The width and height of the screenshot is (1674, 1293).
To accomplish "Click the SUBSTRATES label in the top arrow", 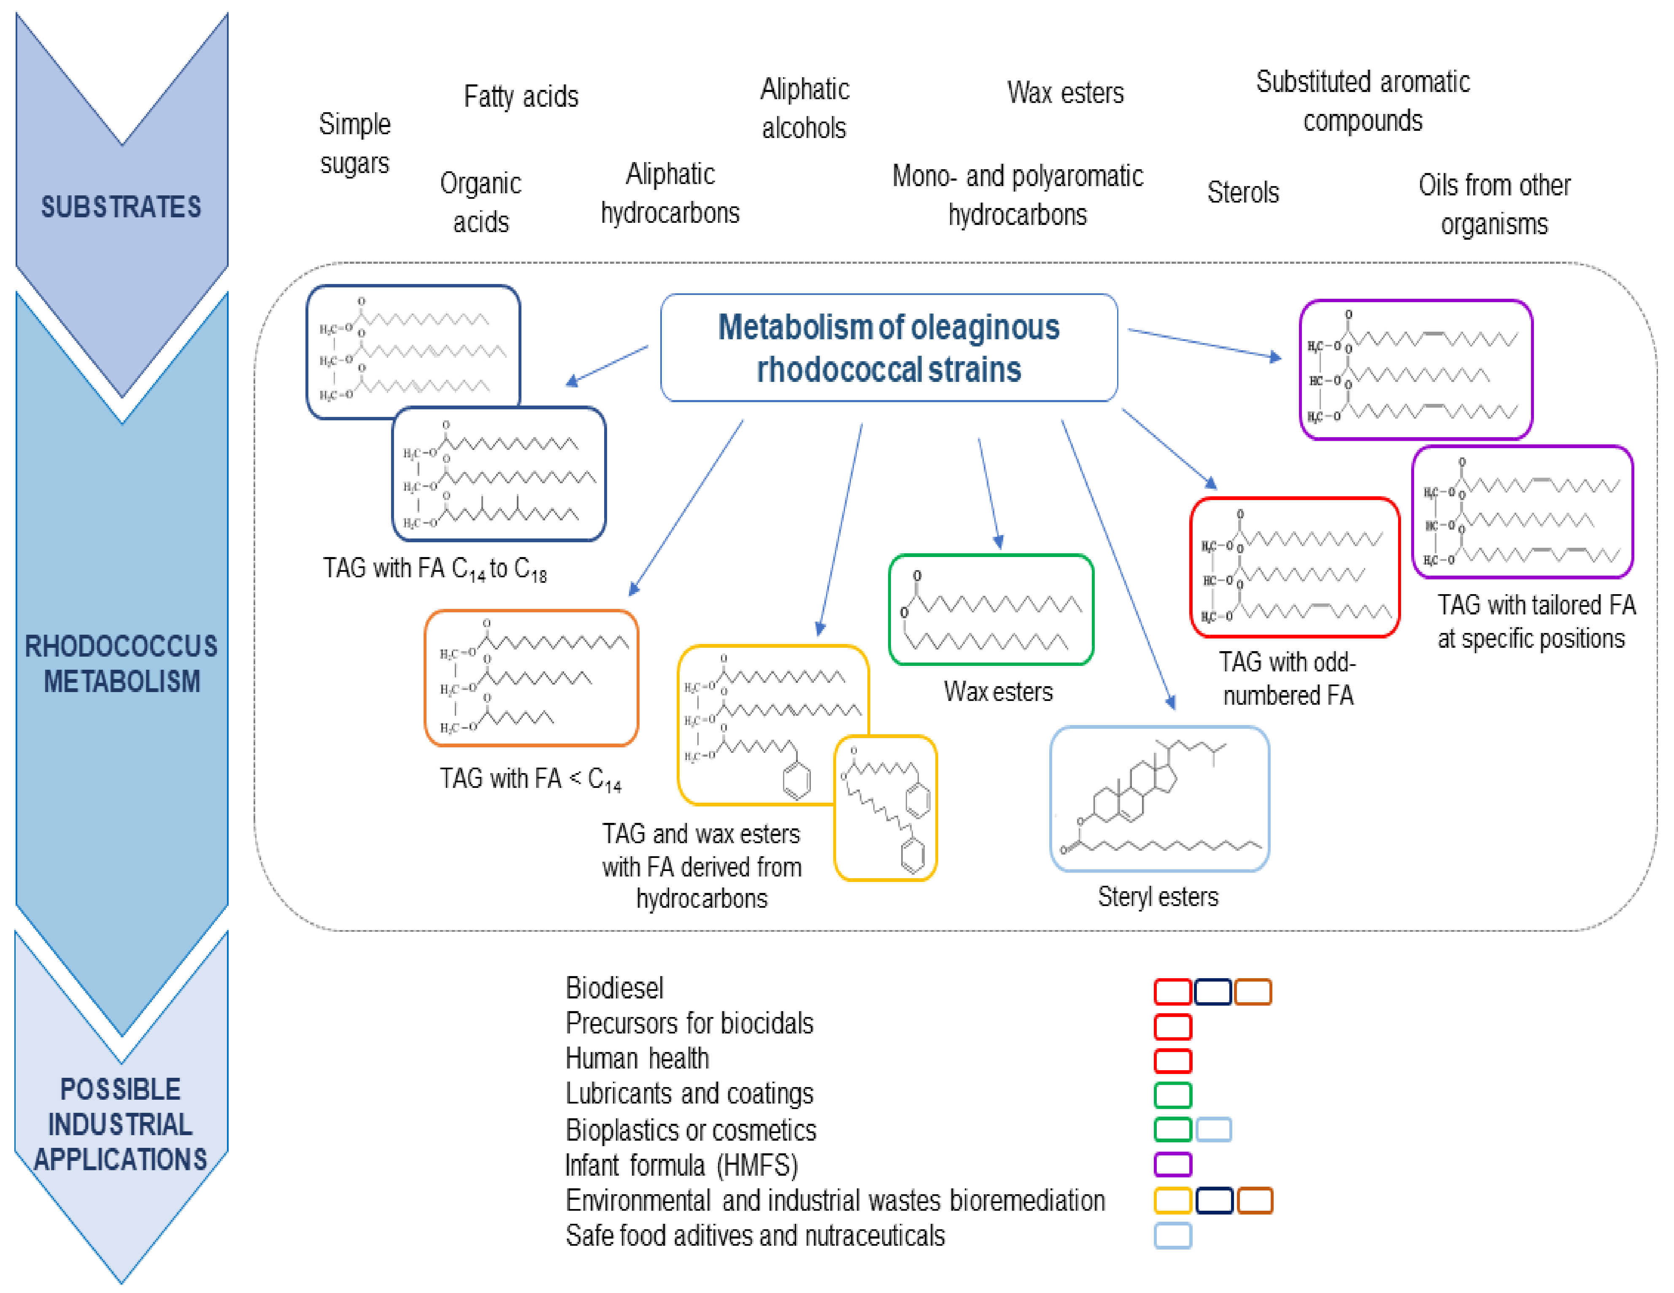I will click(121, 207).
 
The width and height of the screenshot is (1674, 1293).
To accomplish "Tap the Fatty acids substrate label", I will click(521, 97).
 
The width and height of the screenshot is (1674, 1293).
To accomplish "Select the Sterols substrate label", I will click(1242, 192).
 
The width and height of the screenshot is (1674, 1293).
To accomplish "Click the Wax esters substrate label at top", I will click(1065, 93).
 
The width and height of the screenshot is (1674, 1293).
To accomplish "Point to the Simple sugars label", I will click(354, 143).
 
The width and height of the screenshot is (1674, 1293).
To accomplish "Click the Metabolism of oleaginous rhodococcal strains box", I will click(888, 347).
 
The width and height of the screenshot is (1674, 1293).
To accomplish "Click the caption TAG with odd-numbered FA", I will click(1288, 678).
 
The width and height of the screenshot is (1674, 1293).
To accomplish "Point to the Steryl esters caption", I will click(1157, 896).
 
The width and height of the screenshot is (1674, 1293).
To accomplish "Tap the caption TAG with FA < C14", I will click(529, 779).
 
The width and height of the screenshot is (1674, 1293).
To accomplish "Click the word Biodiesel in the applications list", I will click(614, 988).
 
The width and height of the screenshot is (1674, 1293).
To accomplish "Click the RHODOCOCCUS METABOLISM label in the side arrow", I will click(121, 663).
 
